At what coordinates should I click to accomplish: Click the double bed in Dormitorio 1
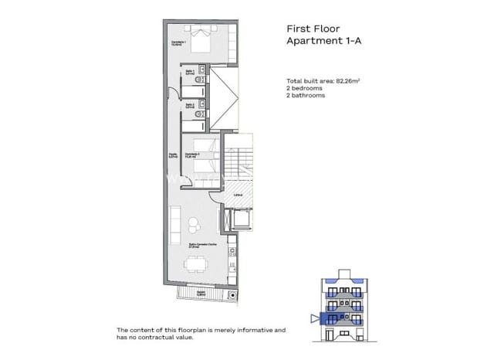click(203, 40)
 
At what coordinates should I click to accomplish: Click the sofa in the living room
click(174, 224)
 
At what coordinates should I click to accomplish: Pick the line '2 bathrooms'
click(306, 96)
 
